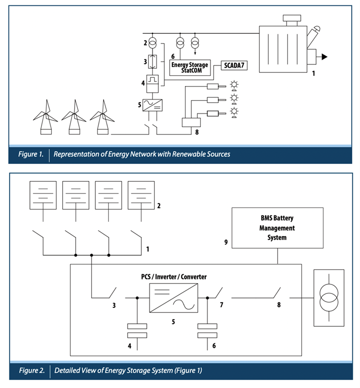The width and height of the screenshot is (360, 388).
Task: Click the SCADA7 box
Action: coord(233,66)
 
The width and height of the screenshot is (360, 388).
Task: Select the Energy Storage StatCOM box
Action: coord(190,67)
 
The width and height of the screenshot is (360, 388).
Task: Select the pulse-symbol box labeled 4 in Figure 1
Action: coord(152,81)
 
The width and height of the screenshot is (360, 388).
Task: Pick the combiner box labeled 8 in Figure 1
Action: coord(192,122)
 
